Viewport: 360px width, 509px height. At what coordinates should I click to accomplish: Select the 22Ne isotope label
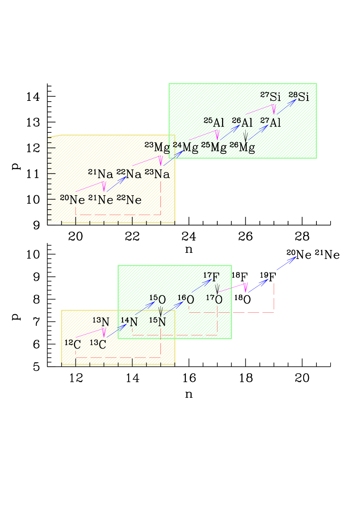[x=130, y=199]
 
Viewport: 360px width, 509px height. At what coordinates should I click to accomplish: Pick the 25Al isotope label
[x=214, y=122]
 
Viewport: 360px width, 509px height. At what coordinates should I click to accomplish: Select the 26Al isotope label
[x=242, y=122]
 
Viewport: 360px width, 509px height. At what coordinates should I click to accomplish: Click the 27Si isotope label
[x=271, y=97]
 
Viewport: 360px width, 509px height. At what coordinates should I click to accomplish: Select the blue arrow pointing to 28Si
[x=286, y=107]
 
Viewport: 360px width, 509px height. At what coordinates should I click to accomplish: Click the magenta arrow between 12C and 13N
[x=91, y=332]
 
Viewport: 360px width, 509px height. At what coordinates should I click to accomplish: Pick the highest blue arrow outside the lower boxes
[x=286, y=263]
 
